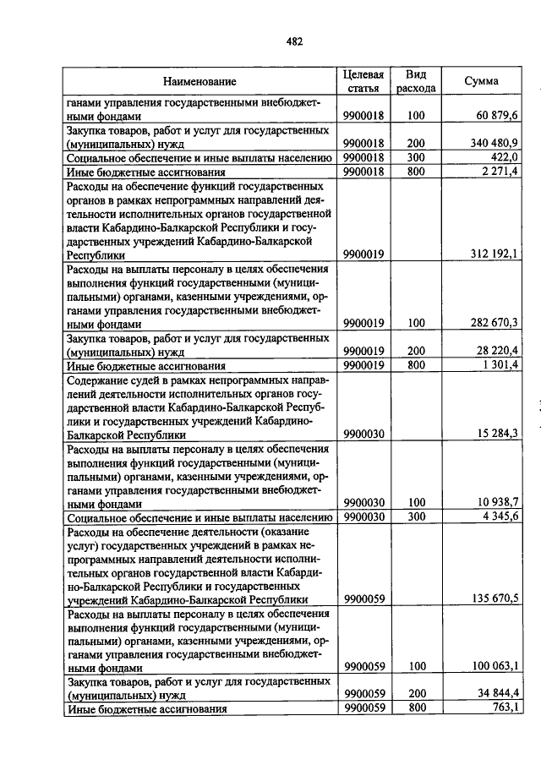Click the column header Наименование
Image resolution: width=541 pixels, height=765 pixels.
coord(199,82)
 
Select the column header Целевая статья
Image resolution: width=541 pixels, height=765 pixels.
coord(363,81)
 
